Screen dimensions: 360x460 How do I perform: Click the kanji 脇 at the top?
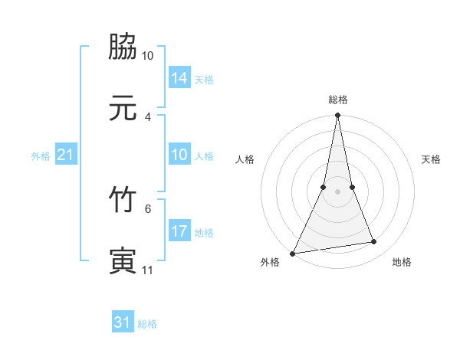tap(123, 47)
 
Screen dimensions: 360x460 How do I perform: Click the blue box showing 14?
tap(179, 77)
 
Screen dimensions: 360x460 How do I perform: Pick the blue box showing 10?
tap(179, 155)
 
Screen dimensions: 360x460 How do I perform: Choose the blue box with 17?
tap(179, 231)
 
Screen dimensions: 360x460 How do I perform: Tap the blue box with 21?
tap(66, 155)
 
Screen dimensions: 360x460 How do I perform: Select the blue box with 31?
tap(123, 322)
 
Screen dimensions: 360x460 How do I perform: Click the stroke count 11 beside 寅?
tap(148, 270)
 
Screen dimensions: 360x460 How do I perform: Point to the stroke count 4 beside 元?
tap(148, 116)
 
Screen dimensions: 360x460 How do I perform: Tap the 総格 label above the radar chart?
tap(338, 100)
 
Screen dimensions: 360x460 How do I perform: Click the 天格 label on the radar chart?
tap(431, 159)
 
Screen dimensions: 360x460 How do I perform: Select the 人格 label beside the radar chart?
tap(245, 159)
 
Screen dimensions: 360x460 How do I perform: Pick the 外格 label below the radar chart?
tap(270, 262)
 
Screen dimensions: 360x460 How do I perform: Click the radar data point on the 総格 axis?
tap(338, 116)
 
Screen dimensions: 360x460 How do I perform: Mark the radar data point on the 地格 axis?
tap(374, 242)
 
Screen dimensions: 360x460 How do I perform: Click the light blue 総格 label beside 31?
tap(147, 324)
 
